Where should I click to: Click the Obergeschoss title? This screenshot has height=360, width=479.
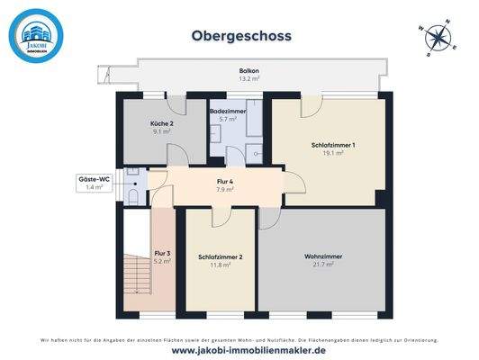240,37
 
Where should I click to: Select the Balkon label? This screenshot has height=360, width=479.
249,70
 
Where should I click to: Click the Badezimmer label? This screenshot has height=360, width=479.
222,111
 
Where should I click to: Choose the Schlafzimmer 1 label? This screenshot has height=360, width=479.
333,145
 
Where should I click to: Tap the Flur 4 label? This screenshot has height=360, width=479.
225,183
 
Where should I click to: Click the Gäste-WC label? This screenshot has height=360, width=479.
94,179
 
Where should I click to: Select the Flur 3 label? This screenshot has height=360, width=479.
162,254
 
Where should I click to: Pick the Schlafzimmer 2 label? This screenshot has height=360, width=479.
221,257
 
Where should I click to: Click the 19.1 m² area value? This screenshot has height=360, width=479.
334,154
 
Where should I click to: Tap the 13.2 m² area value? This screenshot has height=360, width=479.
249,79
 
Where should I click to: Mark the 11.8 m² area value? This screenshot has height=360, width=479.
221,266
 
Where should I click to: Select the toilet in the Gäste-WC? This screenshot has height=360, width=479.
132,192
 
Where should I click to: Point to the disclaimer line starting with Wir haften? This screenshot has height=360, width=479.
240,339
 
